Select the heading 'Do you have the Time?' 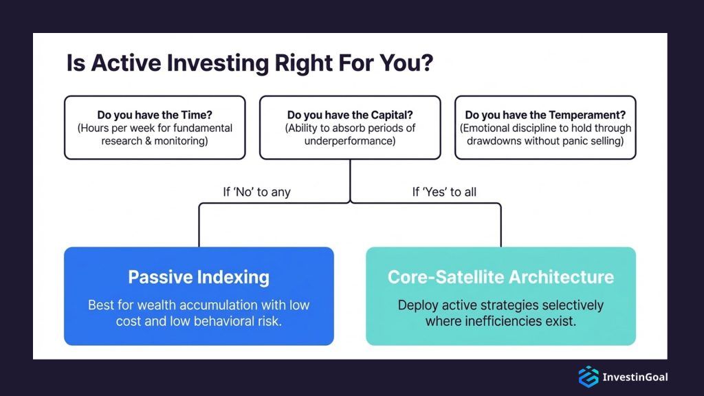(155, 115)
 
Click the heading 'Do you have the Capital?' (350, 115)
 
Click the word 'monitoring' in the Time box (184, 141)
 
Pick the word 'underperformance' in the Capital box (350, 141)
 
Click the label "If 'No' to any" (256, 192)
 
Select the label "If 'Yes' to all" (444, 192)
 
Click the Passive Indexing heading (199, 278)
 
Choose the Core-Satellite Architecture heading (500, 278)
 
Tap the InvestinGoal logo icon (588, 377)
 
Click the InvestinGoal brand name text (635, 377)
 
